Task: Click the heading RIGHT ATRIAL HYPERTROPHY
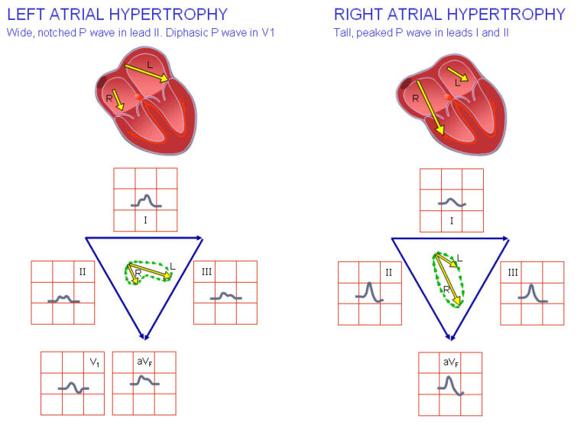(x=449, y=14)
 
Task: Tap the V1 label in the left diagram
(x=94, y=363)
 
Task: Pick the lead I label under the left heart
(x=145, y=220)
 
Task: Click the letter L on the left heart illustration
(x=150, y=66)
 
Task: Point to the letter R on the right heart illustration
(x=415, y=99)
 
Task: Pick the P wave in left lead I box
(x=144, y=201)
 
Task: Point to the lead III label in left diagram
(x=206, y=272)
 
